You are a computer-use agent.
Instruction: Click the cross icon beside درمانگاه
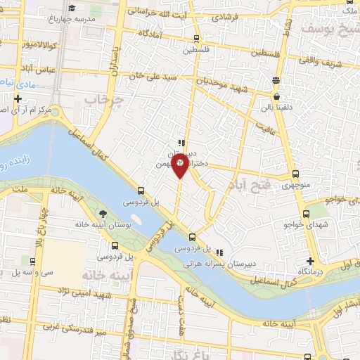(x=310, y=261)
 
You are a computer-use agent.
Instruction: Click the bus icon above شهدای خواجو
(x=305, y=214)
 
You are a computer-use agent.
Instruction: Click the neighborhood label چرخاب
(x=104, y=100)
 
